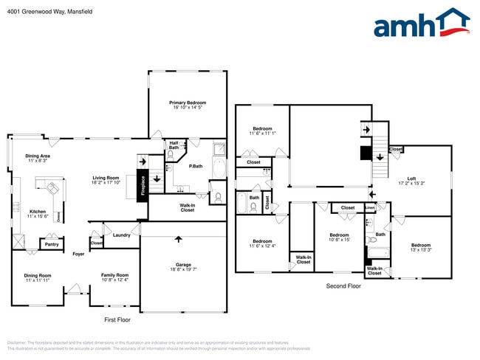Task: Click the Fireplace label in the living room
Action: point(143,185)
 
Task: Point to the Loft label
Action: point(411,178)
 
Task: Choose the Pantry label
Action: point(52,244)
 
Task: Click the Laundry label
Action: point(121,235)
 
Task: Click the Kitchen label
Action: point(37,212)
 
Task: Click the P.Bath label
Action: point(196,166)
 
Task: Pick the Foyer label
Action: point(78,255)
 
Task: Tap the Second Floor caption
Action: point(343,285)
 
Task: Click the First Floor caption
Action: point(117,320)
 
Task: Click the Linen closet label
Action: point(369,208)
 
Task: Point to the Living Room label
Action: point(106,178)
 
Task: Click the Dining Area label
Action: point(38,156)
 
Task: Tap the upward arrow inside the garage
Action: point(178,239)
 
